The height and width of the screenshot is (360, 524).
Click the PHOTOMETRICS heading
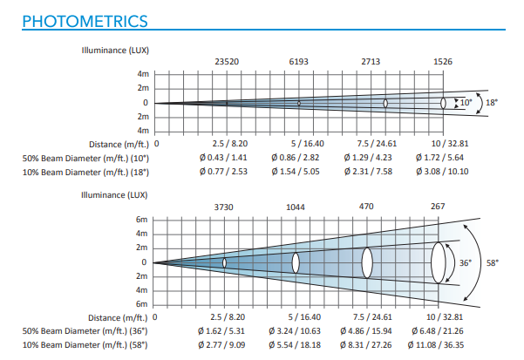[85, 22]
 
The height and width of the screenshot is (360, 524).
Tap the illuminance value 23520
[227, 62]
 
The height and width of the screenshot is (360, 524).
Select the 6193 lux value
[299, 62]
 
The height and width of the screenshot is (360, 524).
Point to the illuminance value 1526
[443, 62]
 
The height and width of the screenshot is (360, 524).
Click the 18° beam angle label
[492, 103]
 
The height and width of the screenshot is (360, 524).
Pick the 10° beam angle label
[466, 103]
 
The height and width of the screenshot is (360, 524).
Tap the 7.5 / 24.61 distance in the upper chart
[377, 144]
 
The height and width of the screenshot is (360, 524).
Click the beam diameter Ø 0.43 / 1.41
[223, 157]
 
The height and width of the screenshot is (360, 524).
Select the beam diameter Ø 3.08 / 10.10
[442, 172]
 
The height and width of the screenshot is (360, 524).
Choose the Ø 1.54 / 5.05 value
[296, 172]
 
